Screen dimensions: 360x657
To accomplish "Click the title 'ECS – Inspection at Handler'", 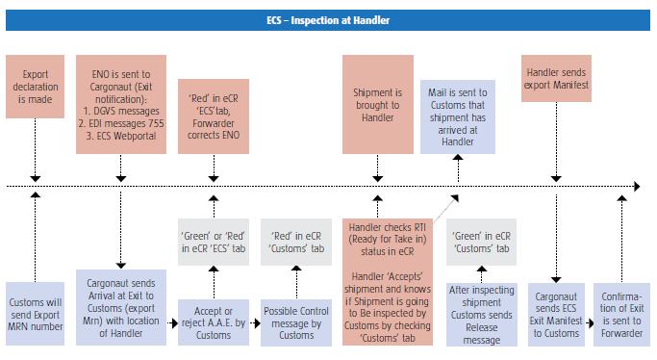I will [x=328, y=19].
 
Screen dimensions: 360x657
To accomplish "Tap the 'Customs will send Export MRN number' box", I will [x=35, y=311].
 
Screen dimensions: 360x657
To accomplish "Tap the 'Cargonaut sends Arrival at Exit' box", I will [x=121, y=304].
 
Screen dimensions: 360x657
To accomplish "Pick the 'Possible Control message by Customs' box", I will [x=296, y=322].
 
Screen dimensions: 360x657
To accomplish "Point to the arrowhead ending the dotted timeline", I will [x=634, y=184].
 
